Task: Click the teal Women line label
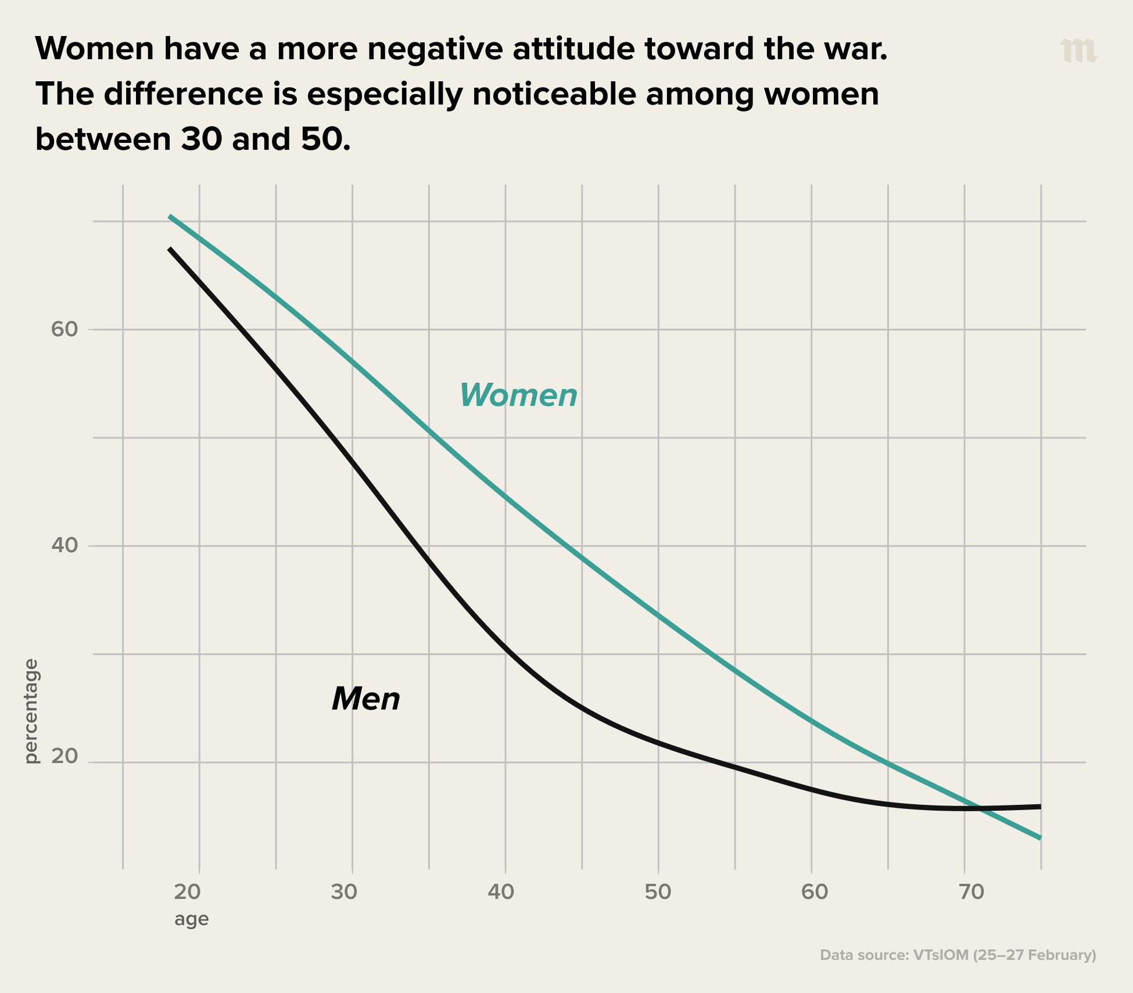[x=518, y=395]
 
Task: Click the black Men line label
[x=366, y=699]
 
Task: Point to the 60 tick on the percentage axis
[x=64, y=329]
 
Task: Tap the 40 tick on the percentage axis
[x=64, y=546]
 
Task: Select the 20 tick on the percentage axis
[x=64, y=756]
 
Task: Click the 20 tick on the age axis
[x=188, y=892]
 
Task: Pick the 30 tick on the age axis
[x=344, y=892]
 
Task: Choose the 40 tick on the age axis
[x=501, y=892]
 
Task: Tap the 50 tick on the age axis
[x=658, y=892]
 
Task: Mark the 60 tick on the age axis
[x=815, y=892]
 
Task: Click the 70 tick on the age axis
[x=971, y=892]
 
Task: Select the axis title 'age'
[x=191, y=919]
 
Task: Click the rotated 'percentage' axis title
[x=31, y=711]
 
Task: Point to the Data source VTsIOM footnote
[x=958, y=955]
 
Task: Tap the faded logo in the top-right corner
[x=1078, y=51]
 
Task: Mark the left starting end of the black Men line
[x=170, y=249]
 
